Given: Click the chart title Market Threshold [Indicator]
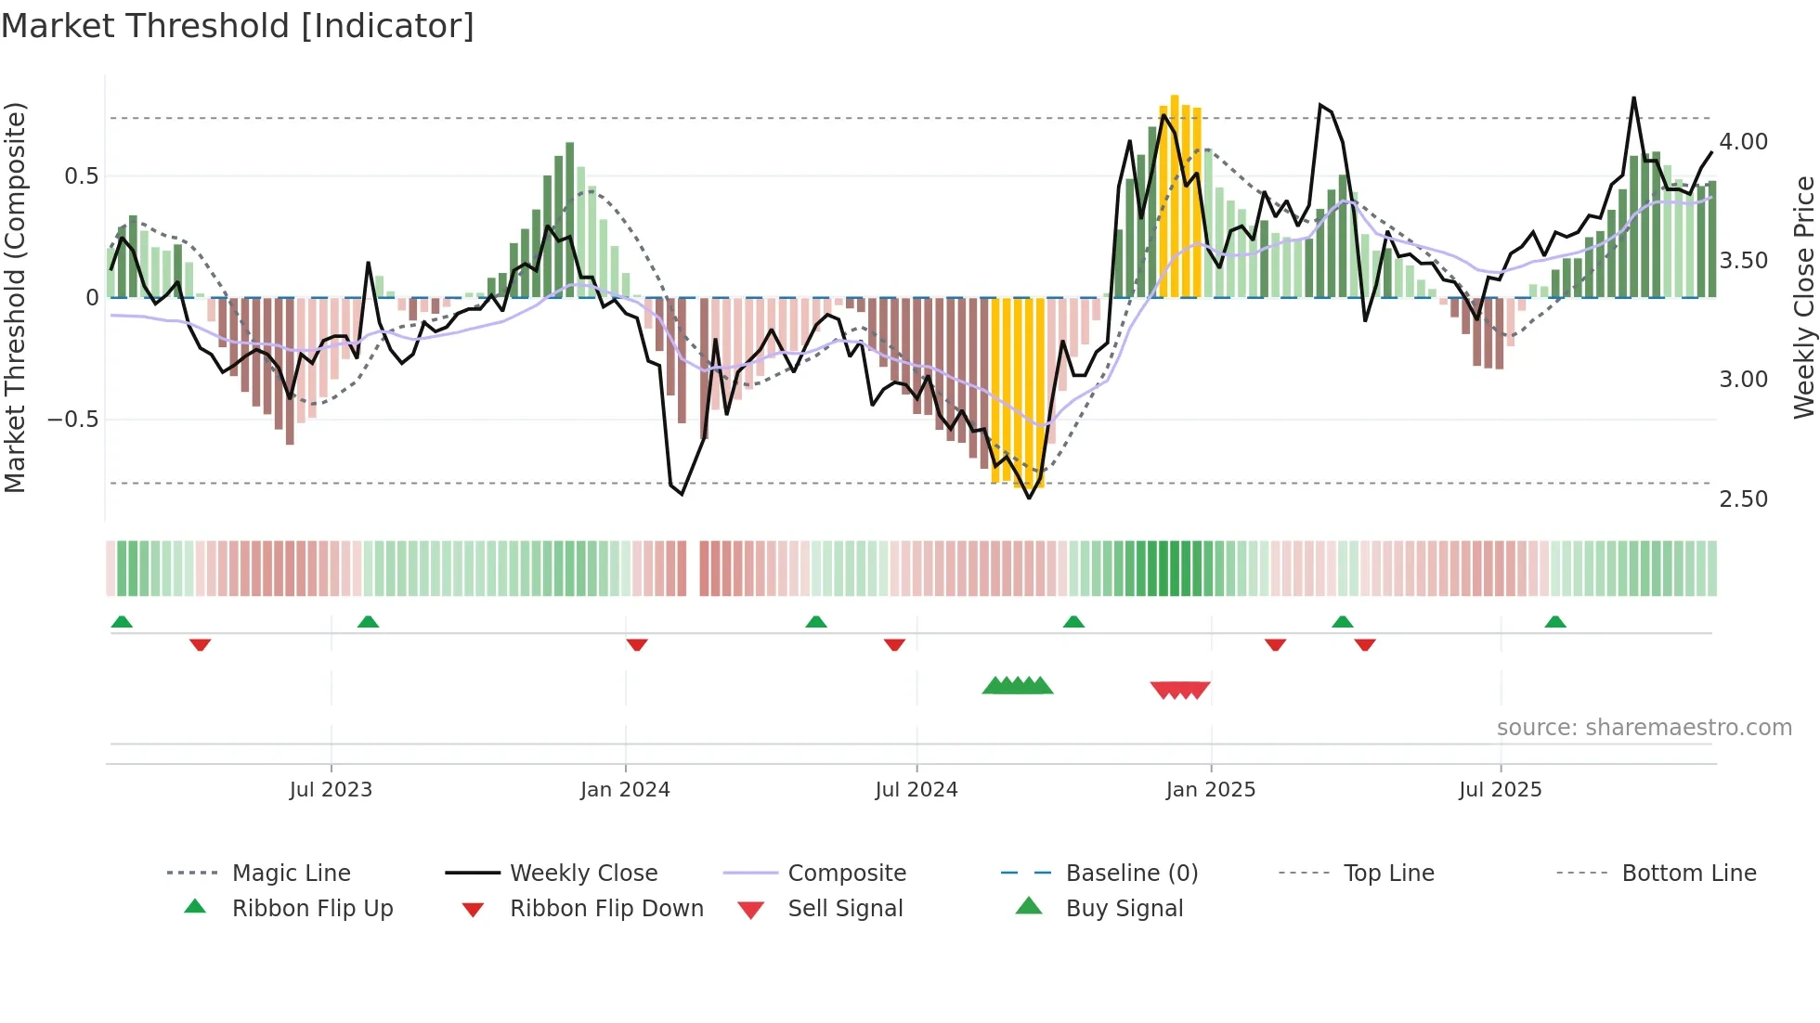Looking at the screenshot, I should [x=238, y=26].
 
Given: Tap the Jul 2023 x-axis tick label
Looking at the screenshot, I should [x=331, y=790].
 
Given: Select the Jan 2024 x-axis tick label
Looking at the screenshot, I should [x=625, y=790].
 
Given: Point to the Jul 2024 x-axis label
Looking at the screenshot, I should [x=916, y=790].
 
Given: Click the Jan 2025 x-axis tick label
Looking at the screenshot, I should [x=1211, y=790].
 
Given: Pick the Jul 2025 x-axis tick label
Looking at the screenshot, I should [x=1501, y=790].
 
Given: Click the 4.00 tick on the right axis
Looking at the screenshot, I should [x=1744, y=142].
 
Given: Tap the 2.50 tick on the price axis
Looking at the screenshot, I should [x=1744, y=499].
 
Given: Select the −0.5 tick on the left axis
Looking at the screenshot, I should [x=73, y=420].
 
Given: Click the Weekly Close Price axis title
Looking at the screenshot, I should [x=1803, y=297].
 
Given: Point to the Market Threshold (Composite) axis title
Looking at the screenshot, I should [x=15, y=297].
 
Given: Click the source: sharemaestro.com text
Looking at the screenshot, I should [x=1644, y=728].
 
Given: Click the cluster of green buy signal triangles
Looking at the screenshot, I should [x=1018, y=686].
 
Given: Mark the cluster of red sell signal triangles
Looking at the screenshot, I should [x=1180, y=690].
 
